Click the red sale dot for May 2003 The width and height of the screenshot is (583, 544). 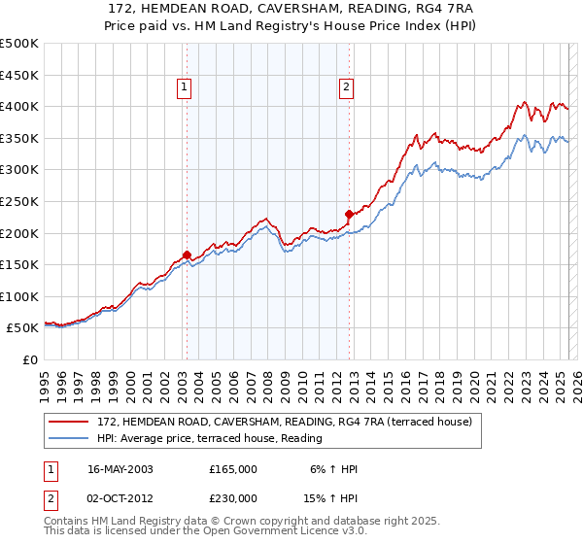point(187,255)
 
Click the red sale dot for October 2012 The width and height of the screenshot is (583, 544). point(349,214)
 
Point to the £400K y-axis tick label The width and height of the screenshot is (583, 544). point(19,106)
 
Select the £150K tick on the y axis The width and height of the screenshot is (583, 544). point(19,264)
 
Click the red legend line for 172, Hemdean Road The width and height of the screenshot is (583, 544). point(70,422)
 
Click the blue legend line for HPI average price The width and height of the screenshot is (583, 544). point(70,438)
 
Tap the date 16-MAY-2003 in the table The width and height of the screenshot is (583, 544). point(120,468)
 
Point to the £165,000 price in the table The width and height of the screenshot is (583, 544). point(232,468)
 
